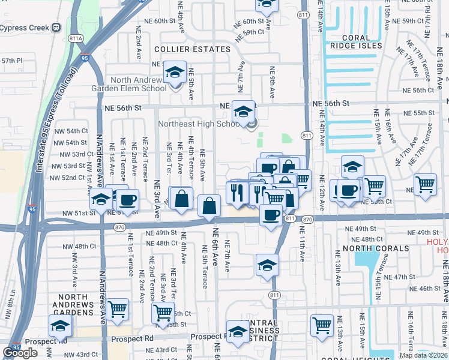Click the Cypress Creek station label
point(24,28)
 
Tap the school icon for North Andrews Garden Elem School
point(175,74)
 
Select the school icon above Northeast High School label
point(243,112)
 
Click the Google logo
point(20,353)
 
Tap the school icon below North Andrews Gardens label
point(60,326)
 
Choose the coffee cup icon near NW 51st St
point(126,200)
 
